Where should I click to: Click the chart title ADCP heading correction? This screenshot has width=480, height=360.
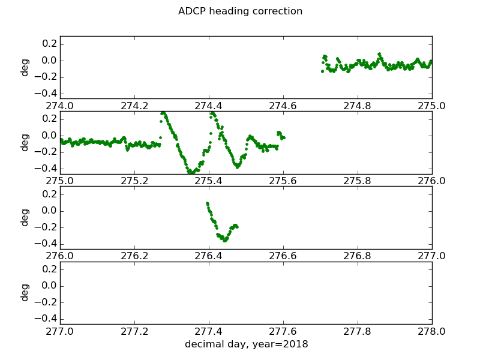pyautogui.click(x=240, y=11)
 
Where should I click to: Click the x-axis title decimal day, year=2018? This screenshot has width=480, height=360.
pyautogui.click(x=246, y=344)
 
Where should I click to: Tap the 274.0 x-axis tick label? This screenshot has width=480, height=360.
pyautogui.click(x=60, y=106)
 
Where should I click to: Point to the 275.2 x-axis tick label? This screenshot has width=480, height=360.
pyautogui.click(x=134, y=181)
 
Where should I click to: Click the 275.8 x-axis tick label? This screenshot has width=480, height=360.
pyautogui.click(x=358, y=181)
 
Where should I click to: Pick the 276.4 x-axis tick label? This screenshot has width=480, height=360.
pyautogui.click(x=209, y=256)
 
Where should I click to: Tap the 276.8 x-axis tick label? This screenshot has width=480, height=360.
pyautogui.click(x=358, y=256)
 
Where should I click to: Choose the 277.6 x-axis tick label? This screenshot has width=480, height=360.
pyautogui.click(x=283, y=331)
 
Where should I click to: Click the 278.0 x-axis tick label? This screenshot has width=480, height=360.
pyautogui.click(x=432, y=331)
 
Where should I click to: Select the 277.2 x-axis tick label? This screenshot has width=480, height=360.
pyautogui.click(x=134, y=331)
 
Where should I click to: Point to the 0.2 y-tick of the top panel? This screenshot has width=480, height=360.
pyautogui.click(x=49, y=44)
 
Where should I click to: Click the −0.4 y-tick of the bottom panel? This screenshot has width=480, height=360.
pyautogui.click(x=46, y=319)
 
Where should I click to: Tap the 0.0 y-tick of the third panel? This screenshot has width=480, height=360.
pyautogui.click(x=49, y=211)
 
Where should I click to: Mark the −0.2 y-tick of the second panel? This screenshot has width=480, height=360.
pyautogui.click(x=46, y=152)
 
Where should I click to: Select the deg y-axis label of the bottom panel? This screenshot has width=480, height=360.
pyautogui.click(x=25, y=292)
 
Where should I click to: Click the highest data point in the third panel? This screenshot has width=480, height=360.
pyautogui.click(x=207, y=203)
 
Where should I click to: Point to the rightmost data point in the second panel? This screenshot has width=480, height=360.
pyautogui.click(x=283, y=137)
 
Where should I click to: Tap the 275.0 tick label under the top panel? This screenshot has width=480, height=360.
pyautogui.click(x=432, y=106)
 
